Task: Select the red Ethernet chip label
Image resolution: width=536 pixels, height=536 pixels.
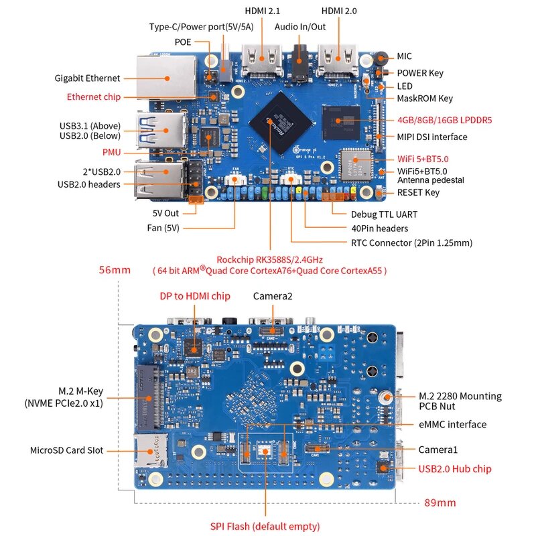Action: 94,97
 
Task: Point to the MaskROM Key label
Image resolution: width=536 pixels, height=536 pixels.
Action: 425,98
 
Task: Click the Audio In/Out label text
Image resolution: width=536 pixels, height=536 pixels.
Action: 300,27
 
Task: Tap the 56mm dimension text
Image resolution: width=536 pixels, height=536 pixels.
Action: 115,270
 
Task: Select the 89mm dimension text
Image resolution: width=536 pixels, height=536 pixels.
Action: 440,503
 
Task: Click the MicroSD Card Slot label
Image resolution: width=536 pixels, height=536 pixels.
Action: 67,450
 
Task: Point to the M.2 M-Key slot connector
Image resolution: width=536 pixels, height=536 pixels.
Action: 149,399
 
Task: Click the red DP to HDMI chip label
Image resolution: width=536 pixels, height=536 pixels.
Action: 195,295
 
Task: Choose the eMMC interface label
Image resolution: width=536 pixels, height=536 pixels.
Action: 452,424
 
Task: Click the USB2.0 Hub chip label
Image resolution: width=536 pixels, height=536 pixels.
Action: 455,468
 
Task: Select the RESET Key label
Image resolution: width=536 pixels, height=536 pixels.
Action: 418,192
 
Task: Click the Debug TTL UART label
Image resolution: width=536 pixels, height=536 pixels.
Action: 384,214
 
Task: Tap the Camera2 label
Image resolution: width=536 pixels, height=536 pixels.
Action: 273,295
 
